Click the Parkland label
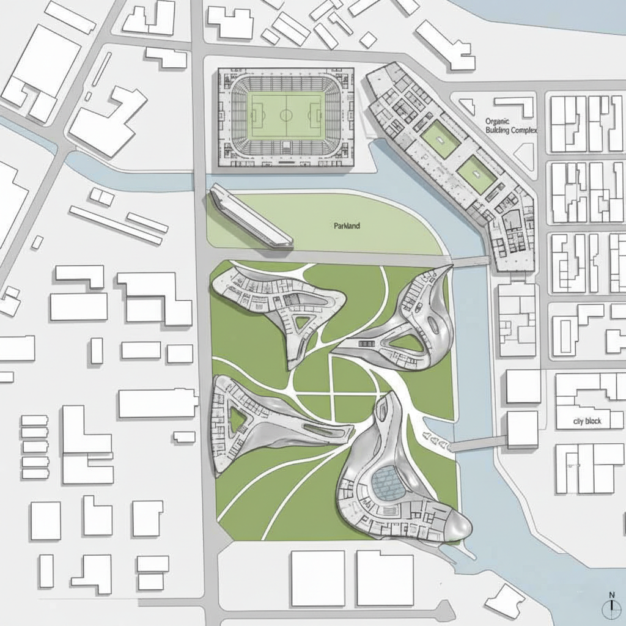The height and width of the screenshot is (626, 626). (x=347, y=226)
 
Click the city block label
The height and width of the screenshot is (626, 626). (x=587, y=421)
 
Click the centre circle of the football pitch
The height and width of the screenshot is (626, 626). (x=285, y=114)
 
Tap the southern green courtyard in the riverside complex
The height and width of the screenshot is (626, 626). (x=477, y=175)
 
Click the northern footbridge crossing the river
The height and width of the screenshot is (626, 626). (x=471, y=262)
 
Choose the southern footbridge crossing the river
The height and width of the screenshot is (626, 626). (x=480, y=443)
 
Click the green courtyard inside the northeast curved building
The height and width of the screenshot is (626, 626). (x=407, y=342)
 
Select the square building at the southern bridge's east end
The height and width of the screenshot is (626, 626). (x=522, y=428)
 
